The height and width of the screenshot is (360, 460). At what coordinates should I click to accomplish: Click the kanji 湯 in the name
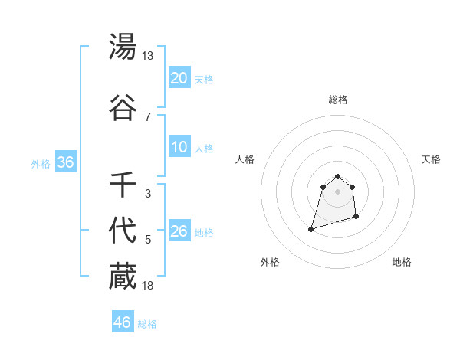(123, 47)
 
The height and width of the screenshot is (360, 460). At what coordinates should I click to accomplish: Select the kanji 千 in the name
(123, 185)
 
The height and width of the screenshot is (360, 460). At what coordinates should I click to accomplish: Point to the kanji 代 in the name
(123, 231)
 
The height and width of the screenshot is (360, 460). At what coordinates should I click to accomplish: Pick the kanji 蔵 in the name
(123, 277)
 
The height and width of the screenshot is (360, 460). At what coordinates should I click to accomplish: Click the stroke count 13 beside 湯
(147, 56)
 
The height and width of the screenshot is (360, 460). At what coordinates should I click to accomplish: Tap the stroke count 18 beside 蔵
(147, 286)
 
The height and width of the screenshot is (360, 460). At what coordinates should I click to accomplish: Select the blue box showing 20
(179, 78)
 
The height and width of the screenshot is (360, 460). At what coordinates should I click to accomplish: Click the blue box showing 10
(179, 147)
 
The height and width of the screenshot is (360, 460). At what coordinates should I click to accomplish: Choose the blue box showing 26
(179, 231)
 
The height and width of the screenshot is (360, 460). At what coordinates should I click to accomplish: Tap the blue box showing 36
(65, 162)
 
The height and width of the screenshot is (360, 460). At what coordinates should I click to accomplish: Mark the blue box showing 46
(123, 322)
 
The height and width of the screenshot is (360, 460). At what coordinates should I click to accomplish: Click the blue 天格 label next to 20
(204, 79)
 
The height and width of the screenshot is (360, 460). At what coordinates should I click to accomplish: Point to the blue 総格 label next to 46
(147, 324)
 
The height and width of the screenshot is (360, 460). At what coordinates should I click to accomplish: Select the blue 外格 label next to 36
(41, 164)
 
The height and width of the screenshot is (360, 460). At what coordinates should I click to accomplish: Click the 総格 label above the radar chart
(338, 100)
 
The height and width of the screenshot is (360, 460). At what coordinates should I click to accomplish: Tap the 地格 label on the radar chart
(402, 262)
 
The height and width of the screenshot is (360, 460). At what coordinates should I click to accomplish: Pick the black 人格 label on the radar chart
(245, 159)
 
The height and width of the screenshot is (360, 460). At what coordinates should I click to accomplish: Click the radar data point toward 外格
(311, 228)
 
